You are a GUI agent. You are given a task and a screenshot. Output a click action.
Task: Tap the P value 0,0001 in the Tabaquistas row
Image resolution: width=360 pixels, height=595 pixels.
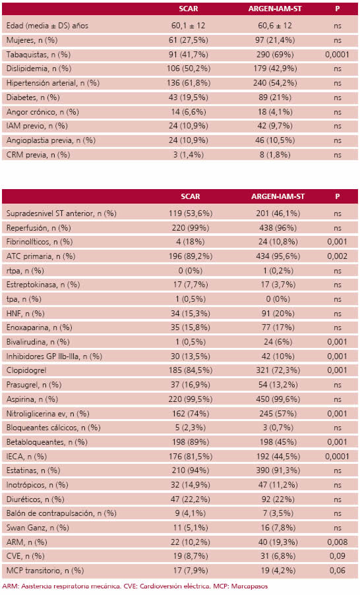coord(337,54)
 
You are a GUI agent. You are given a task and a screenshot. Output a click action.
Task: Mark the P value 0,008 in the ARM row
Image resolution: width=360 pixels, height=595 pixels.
coord(337,542)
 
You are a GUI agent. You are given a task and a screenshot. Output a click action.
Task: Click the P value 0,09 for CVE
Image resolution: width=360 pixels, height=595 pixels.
coord(337,557)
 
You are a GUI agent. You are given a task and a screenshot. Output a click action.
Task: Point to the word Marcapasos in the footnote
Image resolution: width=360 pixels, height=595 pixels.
coord(249,585)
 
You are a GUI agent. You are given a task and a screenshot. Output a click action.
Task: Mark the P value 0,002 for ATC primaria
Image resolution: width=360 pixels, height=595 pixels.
coord(337,256)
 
